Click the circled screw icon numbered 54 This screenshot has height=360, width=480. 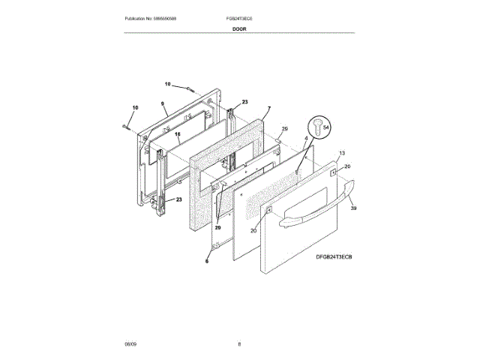pos(321,127)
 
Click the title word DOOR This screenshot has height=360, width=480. pos(239,28)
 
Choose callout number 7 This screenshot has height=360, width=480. pos(268,109)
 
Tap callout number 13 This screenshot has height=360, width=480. pos(342,153)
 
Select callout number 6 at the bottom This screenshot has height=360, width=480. pos(208,260)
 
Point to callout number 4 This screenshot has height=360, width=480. pos(306,139)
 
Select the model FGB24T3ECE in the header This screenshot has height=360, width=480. pos(240,17)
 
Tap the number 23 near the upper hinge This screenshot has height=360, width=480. pos(244,102)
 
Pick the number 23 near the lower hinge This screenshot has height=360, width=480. pos(179,199)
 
